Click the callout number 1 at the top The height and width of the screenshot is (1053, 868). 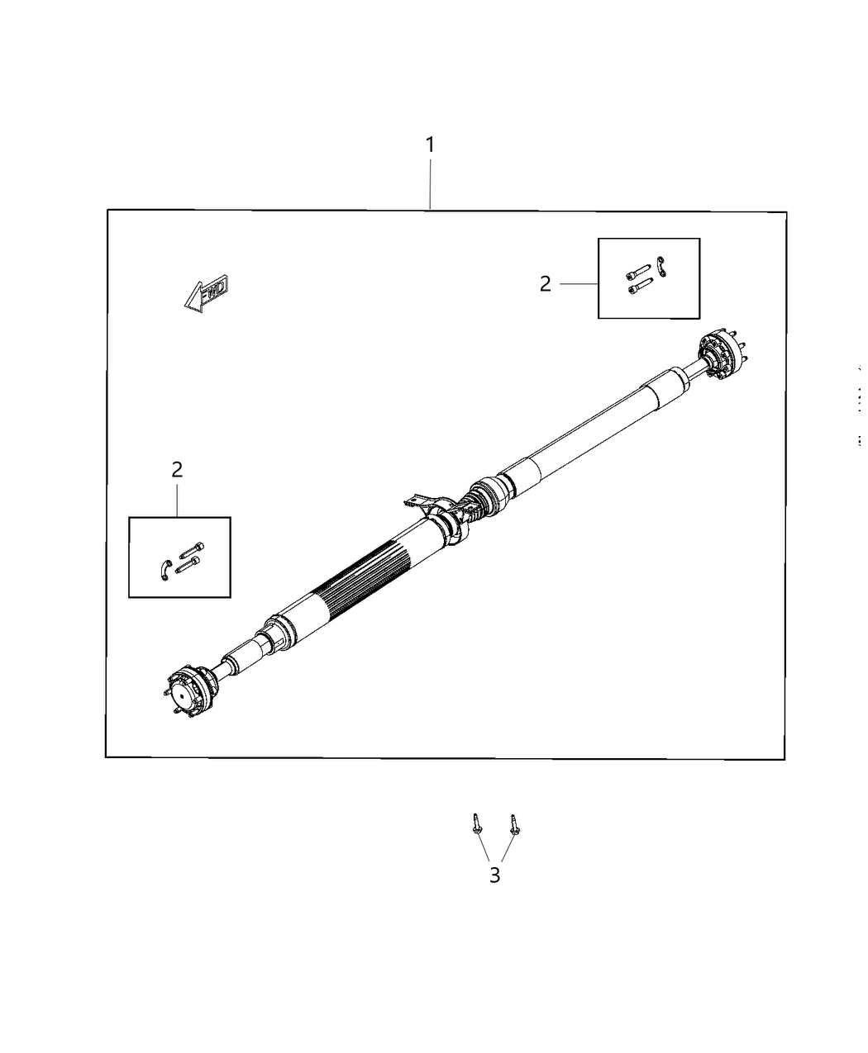[430, 145]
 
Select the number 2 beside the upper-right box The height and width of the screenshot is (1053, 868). [545, 284]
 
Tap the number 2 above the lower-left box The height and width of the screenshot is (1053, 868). [177, 470]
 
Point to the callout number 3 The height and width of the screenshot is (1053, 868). [494, 875]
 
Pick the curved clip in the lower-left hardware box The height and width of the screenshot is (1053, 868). [164, 568]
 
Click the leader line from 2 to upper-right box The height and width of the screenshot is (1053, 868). [579, 284]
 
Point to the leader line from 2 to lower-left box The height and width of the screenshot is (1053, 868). [178, 500]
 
